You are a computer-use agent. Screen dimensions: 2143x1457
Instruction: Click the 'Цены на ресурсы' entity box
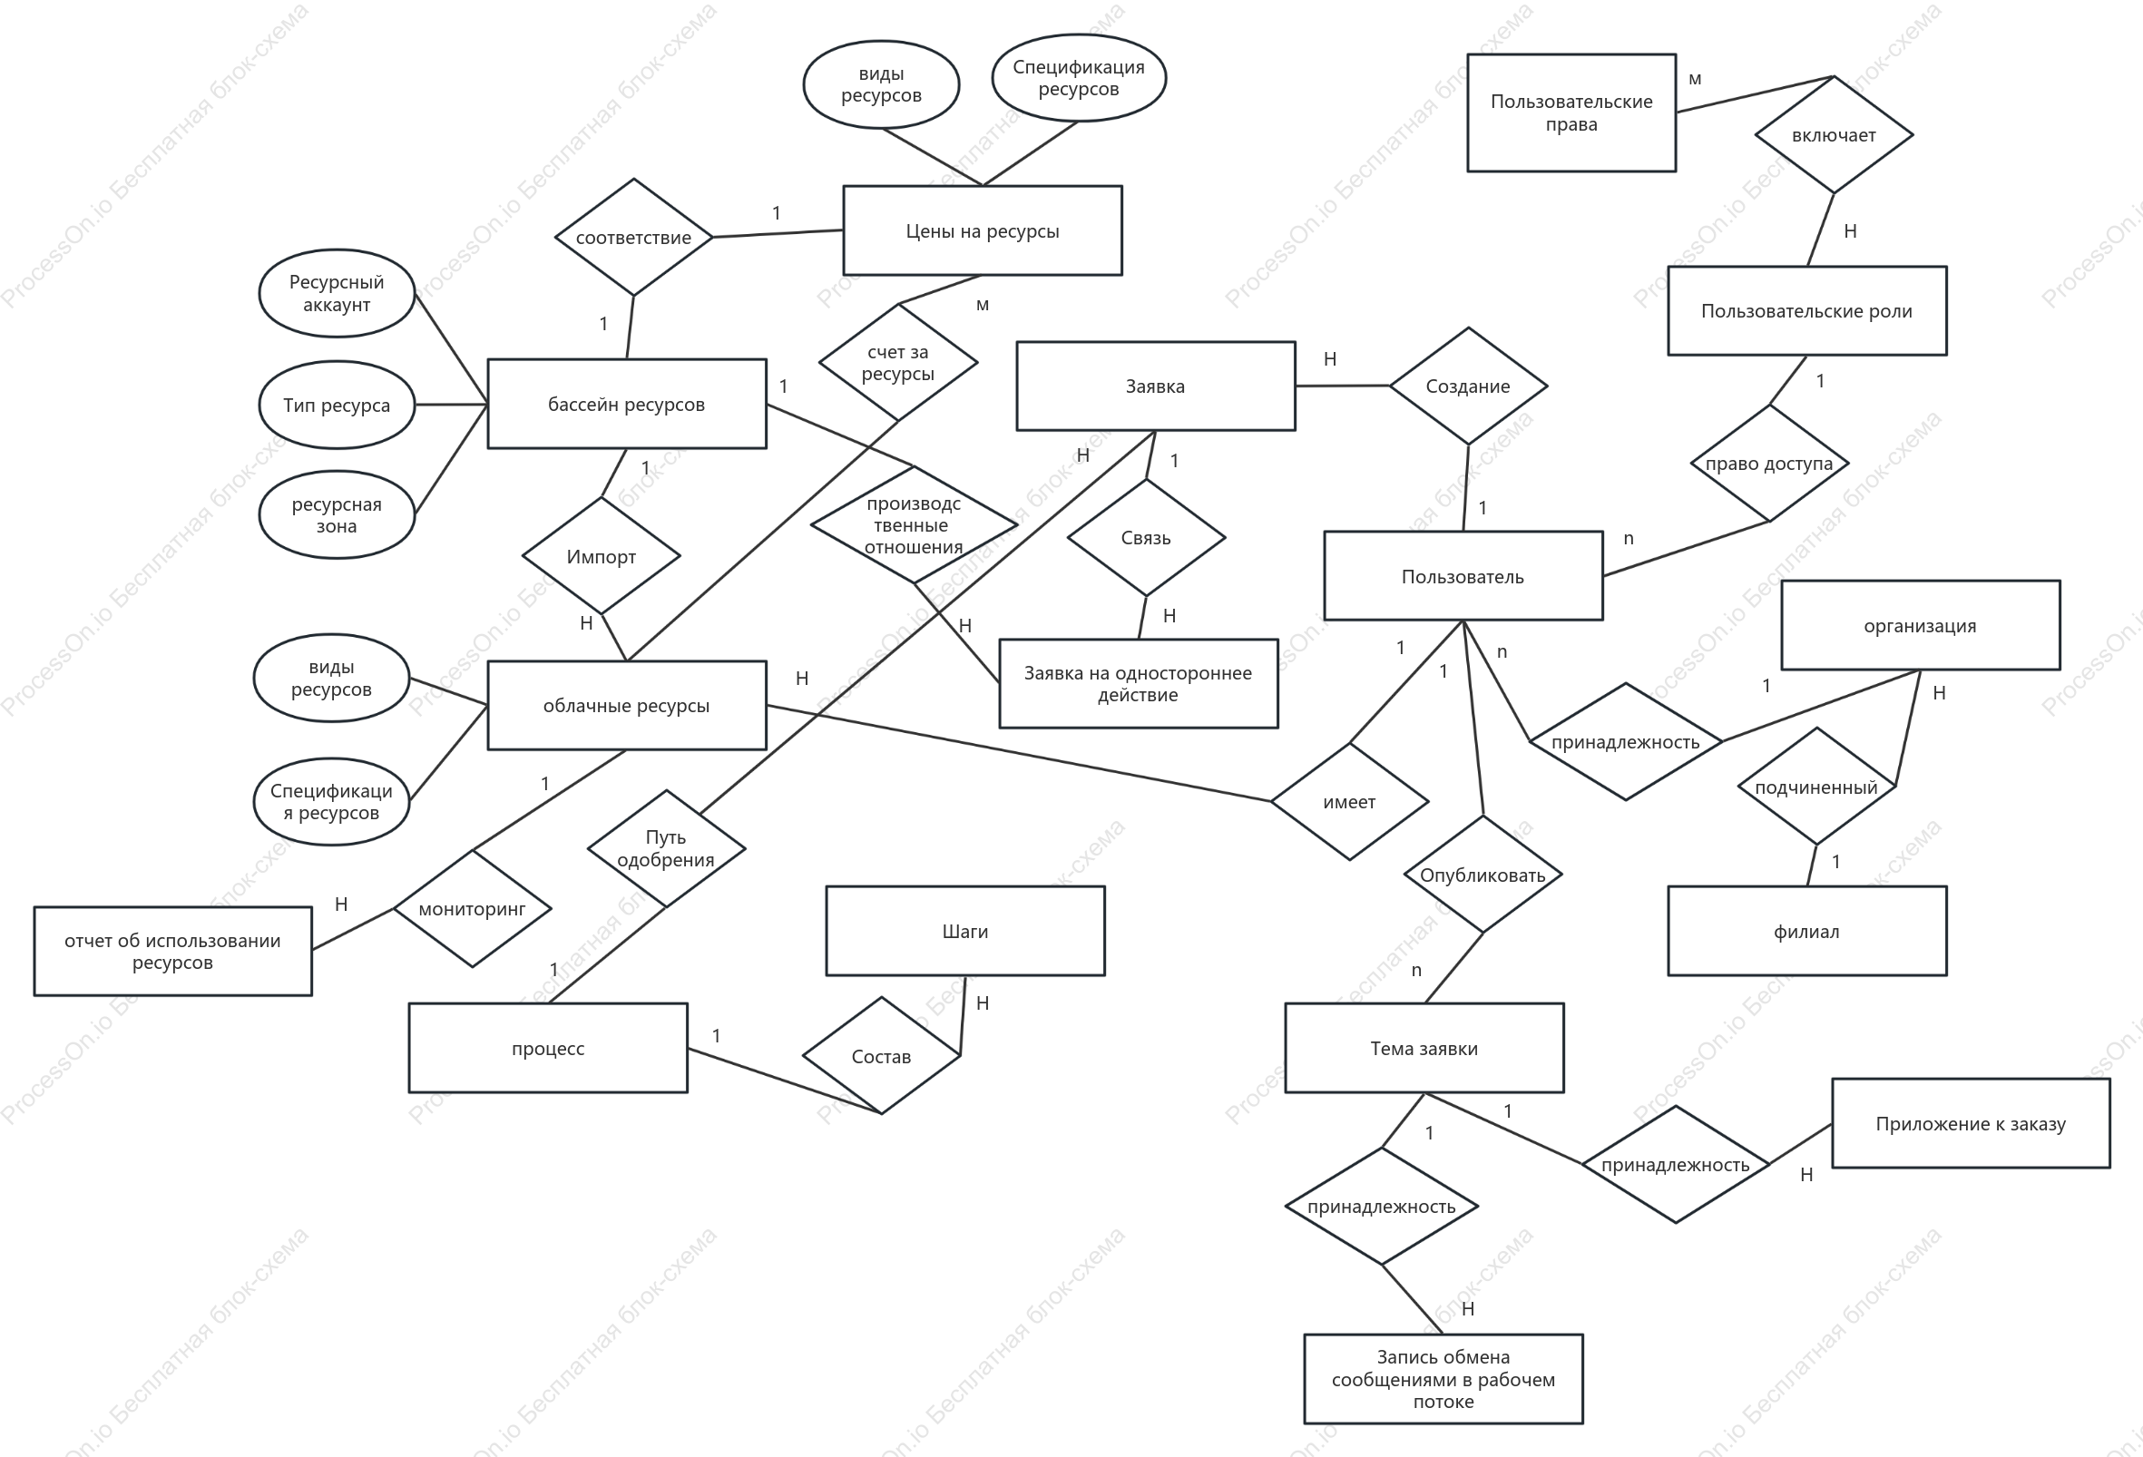(982, 230)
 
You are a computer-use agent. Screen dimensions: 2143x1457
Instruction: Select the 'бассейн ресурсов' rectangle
(626, 404)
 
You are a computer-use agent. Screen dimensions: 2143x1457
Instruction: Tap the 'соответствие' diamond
(633, 237)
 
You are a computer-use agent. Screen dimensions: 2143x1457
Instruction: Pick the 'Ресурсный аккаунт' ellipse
(337, 293)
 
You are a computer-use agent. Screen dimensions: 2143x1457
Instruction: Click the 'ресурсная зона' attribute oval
(337, 514)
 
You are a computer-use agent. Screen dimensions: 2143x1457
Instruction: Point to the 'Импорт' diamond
(602, 556)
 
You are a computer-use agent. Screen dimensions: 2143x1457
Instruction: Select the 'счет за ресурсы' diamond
(898, 362)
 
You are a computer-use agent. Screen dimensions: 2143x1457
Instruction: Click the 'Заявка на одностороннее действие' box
(1138, 683)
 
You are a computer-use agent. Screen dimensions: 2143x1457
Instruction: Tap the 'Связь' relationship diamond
(1146, 538)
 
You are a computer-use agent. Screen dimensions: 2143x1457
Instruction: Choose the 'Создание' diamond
(1468, 386)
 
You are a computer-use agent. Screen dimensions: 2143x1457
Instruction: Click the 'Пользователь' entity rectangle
(1463, 576)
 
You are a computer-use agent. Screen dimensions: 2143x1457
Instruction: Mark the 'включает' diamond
(1835, 134)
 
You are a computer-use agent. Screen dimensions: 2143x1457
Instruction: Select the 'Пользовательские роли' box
(1807, 311)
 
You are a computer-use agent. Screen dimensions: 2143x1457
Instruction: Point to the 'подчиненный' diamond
(1816, 787)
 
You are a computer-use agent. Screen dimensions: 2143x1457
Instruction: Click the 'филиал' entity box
(1807, 932)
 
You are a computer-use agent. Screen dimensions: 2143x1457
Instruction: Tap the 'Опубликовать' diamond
(1482, 875)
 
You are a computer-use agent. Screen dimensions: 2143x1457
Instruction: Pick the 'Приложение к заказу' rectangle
(1971, 1123)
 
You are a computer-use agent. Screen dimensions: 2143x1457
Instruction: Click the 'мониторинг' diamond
(472, 908)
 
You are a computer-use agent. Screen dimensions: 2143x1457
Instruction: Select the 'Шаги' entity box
(965, 932)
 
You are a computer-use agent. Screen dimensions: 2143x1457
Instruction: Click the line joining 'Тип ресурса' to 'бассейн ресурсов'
(451, 404)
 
